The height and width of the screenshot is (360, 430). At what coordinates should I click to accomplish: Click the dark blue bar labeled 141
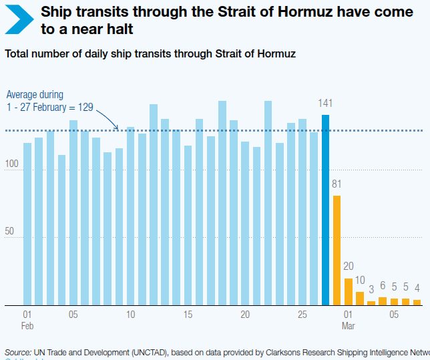click(x=326, y=210)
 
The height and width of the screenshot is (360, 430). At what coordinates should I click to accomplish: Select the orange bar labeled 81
click(x=337, y=250)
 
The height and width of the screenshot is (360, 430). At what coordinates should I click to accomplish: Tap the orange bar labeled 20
click(x=349, y=292)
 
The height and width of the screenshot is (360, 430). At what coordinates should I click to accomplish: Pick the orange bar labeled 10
click(x=360, y=299)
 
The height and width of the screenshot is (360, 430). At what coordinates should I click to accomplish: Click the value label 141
click(x=325, y=103)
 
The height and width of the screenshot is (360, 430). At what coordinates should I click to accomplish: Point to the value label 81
click(x=337, y=184)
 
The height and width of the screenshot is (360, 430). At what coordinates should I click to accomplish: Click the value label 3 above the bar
click(x=371, y=290)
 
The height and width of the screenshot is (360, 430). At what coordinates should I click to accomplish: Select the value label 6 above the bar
click(x=383, y=286)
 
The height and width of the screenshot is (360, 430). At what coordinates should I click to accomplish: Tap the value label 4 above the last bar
click(x=417, y=288)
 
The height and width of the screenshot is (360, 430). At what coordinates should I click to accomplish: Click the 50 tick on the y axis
click(x=10, y=231)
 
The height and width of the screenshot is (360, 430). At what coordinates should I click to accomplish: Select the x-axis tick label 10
click(x=130, y=315)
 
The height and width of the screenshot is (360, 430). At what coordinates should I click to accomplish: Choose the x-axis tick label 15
click(x=188, y=315)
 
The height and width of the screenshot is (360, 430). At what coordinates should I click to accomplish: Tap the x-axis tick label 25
click(x=302, y=315)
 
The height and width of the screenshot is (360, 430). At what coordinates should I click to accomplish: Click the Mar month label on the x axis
click(x=349, y=326)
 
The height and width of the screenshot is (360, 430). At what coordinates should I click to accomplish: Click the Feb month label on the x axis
click(x=27, y=326)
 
